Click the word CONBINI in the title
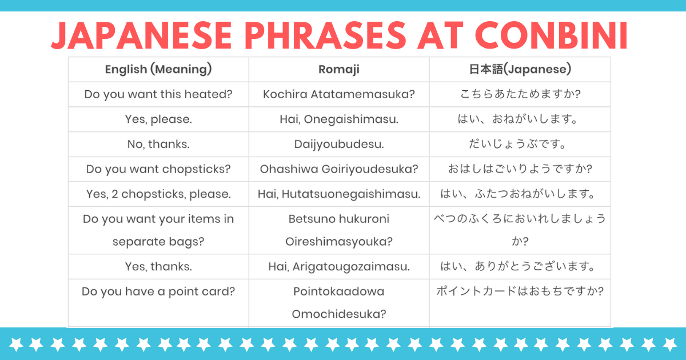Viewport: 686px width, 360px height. pos(552,35)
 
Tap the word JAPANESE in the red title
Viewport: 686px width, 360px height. pos(142,35)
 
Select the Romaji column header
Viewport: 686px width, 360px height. pos(339,70)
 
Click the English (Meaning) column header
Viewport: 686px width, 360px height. pos(158,70)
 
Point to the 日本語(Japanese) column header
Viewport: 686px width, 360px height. pos(520,69)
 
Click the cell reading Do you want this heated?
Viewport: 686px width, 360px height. pos(158,94)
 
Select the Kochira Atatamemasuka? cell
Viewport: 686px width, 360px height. pos(339,94)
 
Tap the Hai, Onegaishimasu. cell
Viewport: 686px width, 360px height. pos(339,119)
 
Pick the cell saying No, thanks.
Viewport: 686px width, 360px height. pos(158,144)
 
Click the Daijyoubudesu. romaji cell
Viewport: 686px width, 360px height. pos(339,145)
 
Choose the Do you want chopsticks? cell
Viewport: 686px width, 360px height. pos(158,169)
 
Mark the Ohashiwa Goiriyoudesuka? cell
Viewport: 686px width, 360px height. pos(339,169)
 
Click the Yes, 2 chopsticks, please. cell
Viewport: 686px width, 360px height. pos(158,194)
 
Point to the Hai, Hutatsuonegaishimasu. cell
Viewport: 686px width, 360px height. pos(339,194)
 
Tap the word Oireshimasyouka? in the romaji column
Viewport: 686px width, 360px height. pos(339,242)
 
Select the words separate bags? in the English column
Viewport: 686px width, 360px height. pos(158,242)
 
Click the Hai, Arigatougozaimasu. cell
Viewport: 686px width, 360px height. pos(339,267)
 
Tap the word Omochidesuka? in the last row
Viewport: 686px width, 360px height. pos(339,314)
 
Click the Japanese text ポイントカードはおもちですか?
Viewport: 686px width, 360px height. pos(520,291)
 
